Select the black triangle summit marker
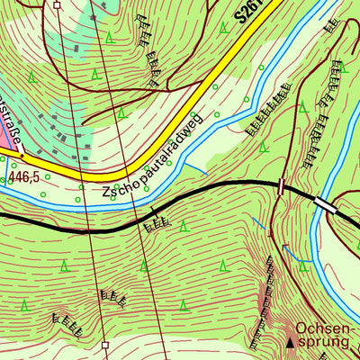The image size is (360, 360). [290, 343]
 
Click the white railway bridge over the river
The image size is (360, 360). [325, 206]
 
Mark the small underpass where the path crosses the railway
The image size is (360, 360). [282, 186]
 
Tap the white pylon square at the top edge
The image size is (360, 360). [57, 4]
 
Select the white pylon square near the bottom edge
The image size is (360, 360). [105, 345]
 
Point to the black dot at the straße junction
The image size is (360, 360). [22, 154]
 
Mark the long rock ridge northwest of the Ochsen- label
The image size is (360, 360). [266, 292]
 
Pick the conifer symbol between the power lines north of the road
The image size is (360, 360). [108, 38]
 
